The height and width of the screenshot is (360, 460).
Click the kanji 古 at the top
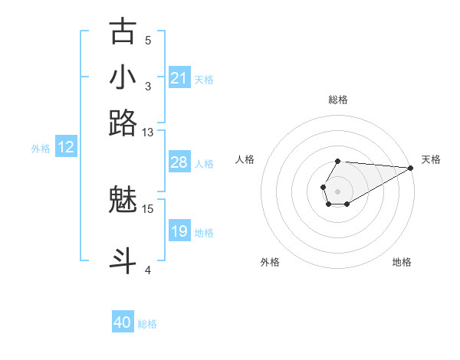tap(123, 32)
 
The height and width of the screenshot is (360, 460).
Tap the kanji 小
tap(123, 77)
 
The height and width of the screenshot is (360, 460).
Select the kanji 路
tap(123, 123)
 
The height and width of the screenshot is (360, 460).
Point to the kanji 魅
tap(123, 201)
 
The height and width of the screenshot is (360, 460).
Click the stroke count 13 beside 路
tap(148, 133)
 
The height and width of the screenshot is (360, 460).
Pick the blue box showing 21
tap(179, 78)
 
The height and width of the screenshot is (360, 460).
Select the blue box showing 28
tap(179, 162)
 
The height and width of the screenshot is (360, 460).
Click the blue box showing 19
tap(179, 231)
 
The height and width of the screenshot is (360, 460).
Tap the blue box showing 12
tap(66, 148)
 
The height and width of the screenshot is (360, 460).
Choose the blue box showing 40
tap(123, 322)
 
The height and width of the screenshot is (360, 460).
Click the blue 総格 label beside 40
tap(147, 324)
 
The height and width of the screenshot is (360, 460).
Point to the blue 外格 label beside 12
tap(41, 149)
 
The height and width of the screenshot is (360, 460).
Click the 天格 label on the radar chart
tap(431, 159)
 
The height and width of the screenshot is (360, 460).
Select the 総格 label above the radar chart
tap(338, 100)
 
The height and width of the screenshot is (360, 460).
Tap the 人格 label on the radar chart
tap(245, 159)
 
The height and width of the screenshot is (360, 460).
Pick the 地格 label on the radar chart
tap(402, 262)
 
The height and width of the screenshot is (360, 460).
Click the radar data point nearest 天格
tap(410, 169)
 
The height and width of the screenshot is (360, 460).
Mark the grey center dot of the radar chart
tap(337, 190)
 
